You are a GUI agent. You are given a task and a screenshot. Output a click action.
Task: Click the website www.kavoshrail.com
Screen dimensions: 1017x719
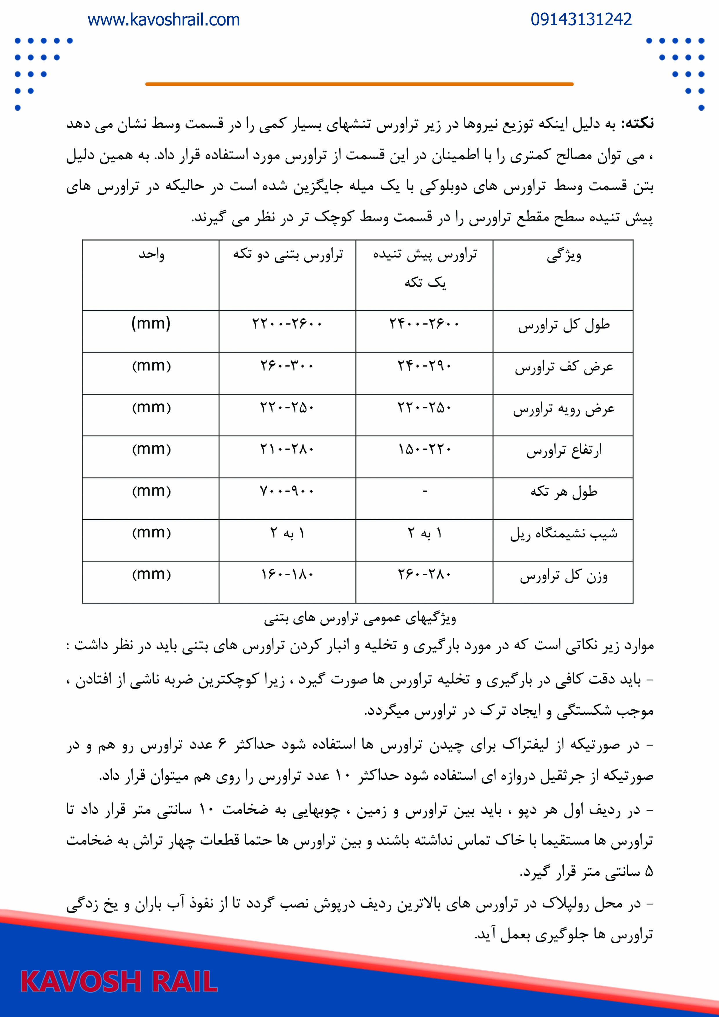164,20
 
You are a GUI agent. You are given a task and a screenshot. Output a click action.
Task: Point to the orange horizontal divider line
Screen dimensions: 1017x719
359,84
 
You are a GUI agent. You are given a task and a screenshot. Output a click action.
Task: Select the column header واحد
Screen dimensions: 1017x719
151,255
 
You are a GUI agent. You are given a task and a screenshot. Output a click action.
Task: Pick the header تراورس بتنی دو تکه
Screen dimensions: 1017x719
288,255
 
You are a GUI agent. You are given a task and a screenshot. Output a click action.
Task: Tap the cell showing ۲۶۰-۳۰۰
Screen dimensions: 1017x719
287,366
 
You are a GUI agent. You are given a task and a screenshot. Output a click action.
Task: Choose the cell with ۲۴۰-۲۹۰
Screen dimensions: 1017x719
424,366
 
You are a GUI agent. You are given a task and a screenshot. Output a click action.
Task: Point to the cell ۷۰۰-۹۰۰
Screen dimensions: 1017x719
287,491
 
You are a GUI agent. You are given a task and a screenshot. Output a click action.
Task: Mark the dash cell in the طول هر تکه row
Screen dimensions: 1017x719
424,491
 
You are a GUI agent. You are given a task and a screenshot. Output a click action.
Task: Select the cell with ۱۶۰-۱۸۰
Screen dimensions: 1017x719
287,575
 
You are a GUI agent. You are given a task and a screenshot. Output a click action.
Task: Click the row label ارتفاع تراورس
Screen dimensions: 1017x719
564,451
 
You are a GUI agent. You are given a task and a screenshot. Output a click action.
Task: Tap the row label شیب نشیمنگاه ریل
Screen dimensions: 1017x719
564,533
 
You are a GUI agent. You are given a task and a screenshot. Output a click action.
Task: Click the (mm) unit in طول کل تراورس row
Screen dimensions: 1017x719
151,323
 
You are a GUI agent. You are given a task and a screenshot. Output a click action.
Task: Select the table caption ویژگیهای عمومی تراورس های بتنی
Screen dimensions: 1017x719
360,618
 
